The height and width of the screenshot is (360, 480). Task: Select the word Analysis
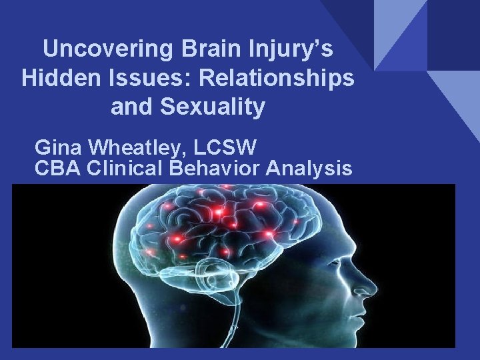click(x=309, y=168)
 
